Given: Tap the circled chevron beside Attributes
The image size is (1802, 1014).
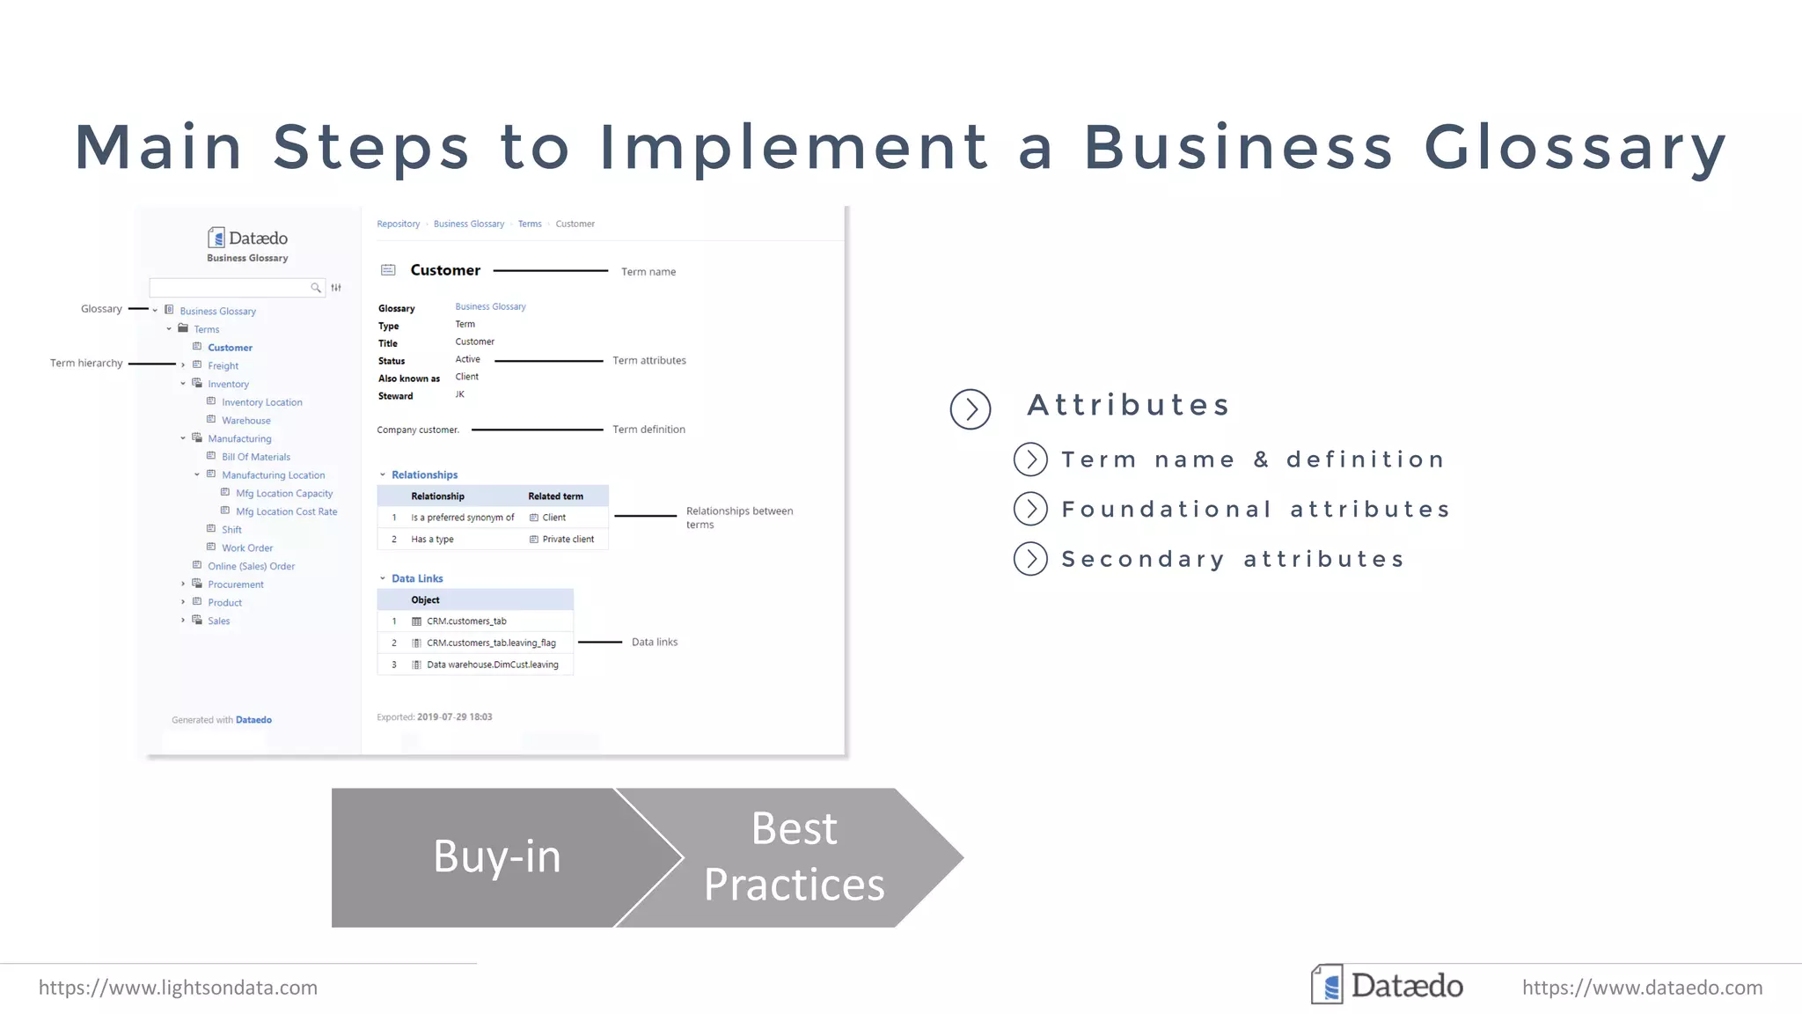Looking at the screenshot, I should pos(971,409).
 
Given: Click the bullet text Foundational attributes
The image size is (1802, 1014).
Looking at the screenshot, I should pos(1256,510).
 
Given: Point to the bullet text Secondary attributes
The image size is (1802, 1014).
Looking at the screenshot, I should pos(1233,560).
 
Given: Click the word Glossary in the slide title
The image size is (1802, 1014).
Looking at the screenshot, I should pos(1575,147).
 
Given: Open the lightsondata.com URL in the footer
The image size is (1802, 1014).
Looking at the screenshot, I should pos(178,988).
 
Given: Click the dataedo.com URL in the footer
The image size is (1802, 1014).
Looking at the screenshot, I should pos(1642,988).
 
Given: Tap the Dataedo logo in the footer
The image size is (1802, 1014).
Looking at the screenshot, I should pos(1387,985).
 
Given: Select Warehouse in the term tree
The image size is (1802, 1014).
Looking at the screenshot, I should pos(245,421).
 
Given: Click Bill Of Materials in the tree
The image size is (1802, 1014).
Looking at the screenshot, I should pos(255,457).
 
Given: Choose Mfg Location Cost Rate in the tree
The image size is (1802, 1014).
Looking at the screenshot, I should pos(286,511).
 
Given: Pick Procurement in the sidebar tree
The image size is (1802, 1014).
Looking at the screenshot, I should pos(235,584).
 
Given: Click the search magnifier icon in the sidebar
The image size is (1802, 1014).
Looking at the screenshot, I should pos(316,288).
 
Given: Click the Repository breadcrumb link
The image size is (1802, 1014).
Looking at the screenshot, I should pos(398,224).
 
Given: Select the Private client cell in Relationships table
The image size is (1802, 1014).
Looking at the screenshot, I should pos(568,540).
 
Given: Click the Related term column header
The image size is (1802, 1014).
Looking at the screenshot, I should pos(555,496).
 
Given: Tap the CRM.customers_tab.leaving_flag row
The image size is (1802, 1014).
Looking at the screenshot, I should pos(491,643).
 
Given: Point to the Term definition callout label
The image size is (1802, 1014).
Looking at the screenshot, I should pos(648,430).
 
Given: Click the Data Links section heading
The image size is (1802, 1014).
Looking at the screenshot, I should pos(417,578).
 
